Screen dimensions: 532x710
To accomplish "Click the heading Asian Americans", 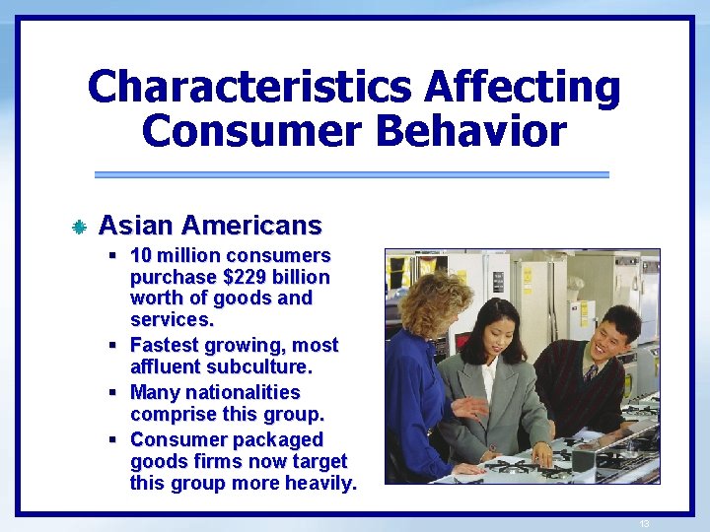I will point(210,226).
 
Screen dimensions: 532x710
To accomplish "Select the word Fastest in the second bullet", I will point(165,345).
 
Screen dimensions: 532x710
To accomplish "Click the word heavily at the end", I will point(317,483).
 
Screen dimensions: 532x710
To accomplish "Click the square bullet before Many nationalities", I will point(115,392).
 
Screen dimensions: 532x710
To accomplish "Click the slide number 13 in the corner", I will point(645,523).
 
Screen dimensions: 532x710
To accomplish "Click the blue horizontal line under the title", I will point(351,174).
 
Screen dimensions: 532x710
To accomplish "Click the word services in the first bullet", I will point(170,320).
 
